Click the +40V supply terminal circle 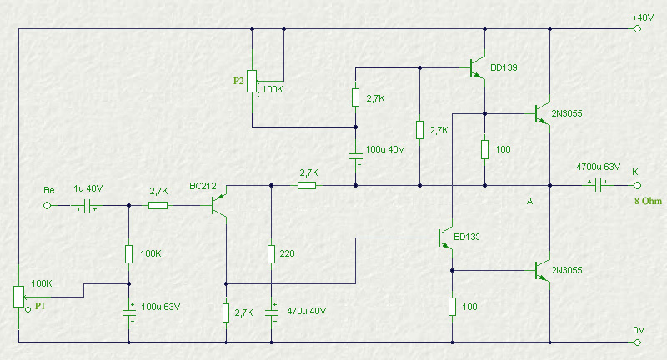click(x=637, y=29)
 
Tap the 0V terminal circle click(x=637, y=342)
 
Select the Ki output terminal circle click(x=637, y=185)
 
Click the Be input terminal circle click(x=48, y=205)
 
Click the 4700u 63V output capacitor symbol click(x=598, y=185)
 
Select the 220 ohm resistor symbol click(x=272, y=253)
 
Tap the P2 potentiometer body click(x=252, y=81)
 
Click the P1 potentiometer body click(x=18, y=296)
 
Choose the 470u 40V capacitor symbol click(x=272, y=312)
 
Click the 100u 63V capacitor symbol click(x=129, y=312)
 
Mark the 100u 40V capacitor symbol click(x=356, y=156)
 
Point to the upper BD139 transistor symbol click(x=477, y=68)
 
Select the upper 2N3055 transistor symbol click(x=543, y=113)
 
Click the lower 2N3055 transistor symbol click(x=543, y=270)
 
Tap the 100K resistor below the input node click(x=129, y=253)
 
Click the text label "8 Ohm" click(x=649, y=201)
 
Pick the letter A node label click(x=529, y=201)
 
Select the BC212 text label click(x=203, y=186)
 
